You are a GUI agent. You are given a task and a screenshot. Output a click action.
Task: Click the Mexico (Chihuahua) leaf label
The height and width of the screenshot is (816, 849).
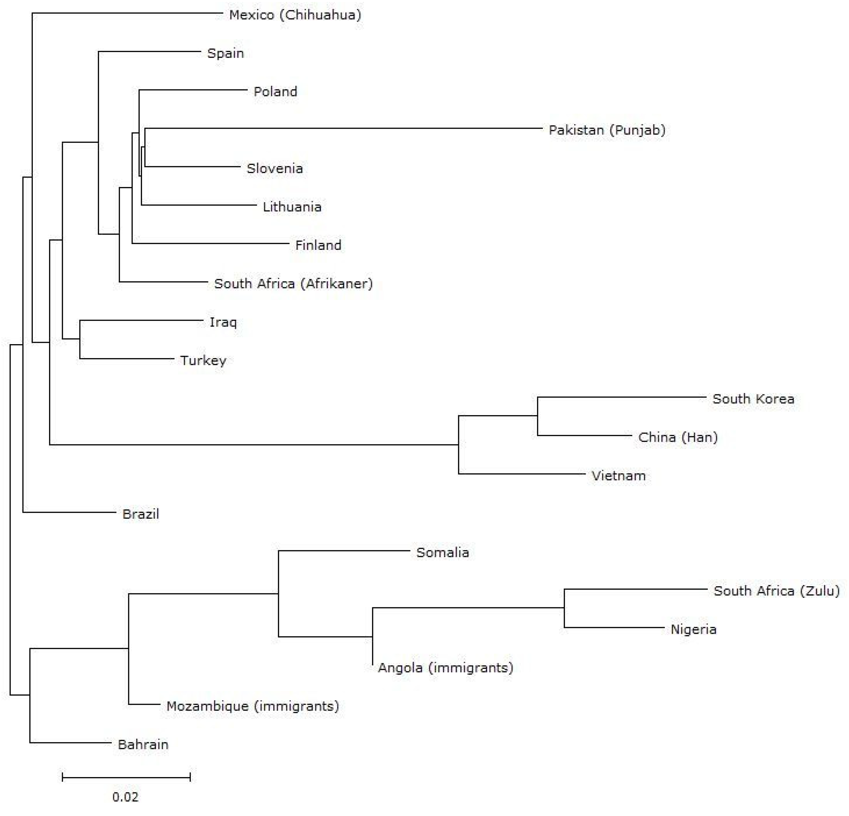pyautogui.click(x=295, y=15)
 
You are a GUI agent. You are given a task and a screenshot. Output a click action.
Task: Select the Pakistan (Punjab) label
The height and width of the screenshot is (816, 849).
pyautogui.click(x=607, y=130)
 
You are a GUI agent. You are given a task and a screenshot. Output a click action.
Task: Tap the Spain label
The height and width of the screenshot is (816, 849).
pyautogui.click(x=225, y=53)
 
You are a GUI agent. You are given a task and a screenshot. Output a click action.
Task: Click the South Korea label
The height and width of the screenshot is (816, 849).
pyautogui.click(x=753, y=399)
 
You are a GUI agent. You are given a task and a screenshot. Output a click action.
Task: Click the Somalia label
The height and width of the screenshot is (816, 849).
pyautogui.click(x=442, y=552)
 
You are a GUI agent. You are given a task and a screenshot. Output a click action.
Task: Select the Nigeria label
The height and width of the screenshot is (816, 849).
pyautogui.click(x=693, y=629)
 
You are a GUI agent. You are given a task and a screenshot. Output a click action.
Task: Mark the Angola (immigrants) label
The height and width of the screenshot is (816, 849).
pyautogui.click(x=445, y=667)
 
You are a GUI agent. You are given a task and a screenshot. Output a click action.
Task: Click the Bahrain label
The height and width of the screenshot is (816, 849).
pyautogui.click(x=143, y=745)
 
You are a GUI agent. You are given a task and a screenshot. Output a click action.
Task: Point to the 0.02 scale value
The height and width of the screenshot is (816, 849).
pyautogui.click(x=126, y=797)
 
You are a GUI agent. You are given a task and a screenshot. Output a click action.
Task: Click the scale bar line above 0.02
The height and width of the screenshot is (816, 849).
pyautogui.click(x=126, y=777)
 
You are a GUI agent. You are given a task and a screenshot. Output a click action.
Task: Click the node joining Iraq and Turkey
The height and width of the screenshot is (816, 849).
pyautogui.click(x=80, y=339)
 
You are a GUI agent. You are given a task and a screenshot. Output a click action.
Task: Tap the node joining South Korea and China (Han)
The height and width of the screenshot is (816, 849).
pyautogui.click(x=537, y=416)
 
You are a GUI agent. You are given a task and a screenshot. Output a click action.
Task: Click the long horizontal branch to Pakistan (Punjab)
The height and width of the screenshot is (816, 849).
pyautogui.click(x=342, y=128)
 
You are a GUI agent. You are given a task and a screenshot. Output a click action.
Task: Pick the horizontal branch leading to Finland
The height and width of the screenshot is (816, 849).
pyautogui.click(x=210, y=243)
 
